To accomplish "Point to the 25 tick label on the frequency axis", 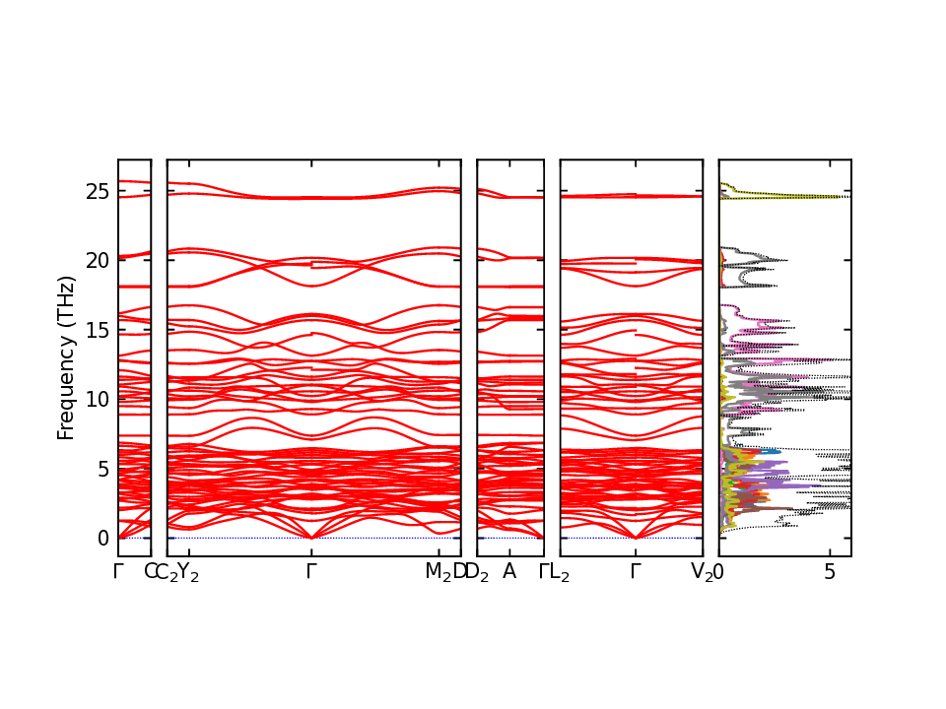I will (97, 191).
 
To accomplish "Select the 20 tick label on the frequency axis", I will (97, 261).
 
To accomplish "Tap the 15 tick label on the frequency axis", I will (97, 330).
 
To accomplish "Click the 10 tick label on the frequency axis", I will (97, 399).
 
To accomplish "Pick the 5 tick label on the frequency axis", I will (102, 469).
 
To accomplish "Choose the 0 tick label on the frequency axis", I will (102, 538).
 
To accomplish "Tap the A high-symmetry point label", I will (509, 571).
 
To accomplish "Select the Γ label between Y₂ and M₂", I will (311, 571).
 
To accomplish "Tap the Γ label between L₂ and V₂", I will (636, 571).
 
